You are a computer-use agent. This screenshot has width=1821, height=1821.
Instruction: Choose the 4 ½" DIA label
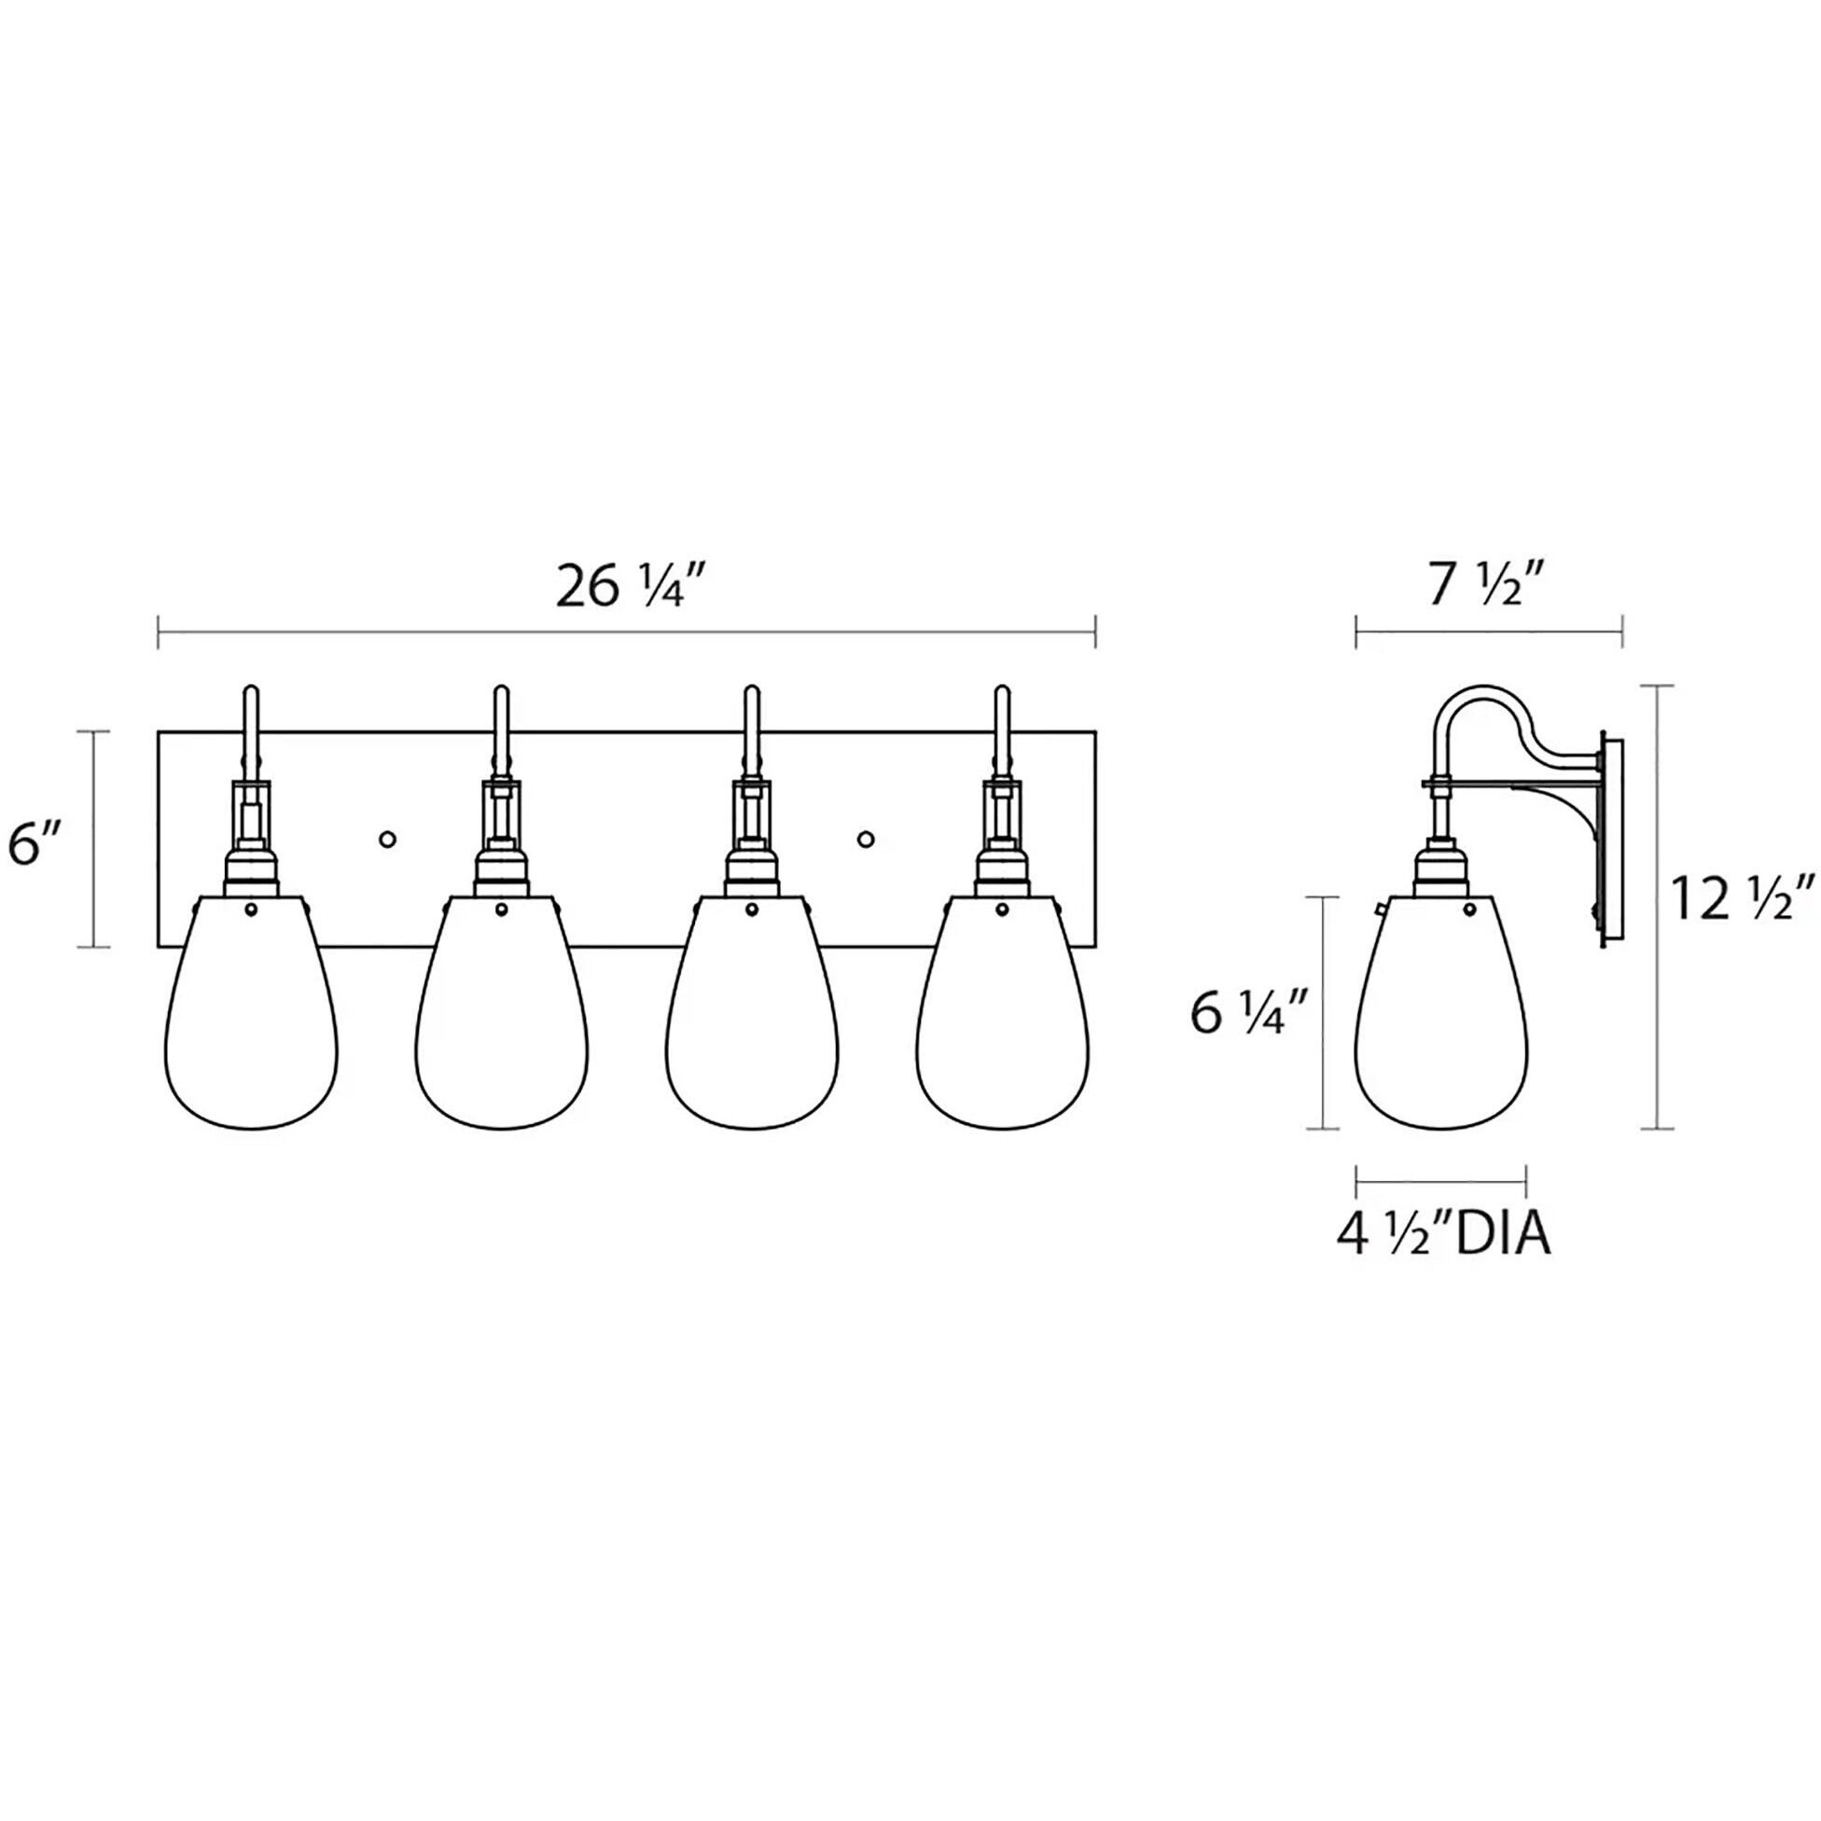point(1443,1236)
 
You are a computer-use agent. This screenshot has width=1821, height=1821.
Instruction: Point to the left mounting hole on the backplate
point(386,838)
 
